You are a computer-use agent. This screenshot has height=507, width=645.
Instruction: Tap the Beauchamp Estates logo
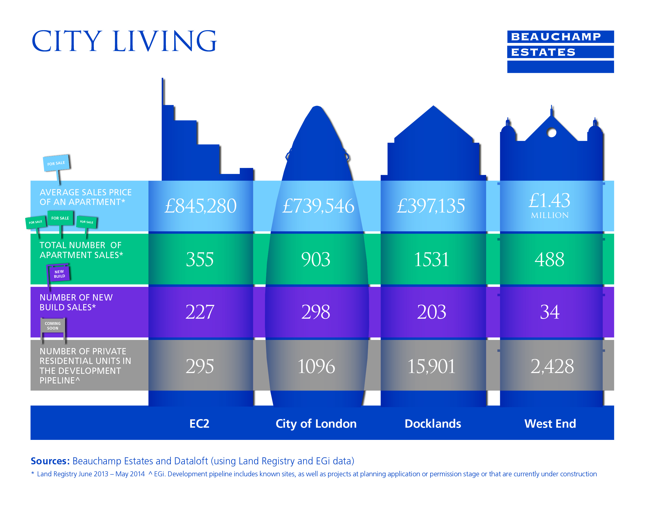coord(560,51)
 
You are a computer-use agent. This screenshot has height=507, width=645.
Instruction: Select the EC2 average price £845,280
coord(200,206)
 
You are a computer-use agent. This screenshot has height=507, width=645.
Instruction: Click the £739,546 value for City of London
coord(318,206)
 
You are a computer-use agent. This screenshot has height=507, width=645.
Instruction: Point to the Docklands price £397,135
coord(431,206)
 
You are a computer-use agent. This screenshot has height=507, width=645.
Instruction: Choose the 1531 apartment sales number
coord(431,259)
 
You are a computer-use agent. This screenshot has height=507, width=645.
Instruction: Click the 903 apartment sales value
coord(316,259)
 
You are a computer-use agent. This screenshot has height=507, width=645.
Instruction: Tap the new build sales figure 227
coord(200,312)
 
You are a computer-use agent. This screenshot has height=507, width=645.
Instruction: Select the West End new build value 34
coord(550,312)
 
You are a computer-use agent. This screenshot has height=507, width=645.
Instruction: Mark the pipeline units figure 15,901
coord(431,366)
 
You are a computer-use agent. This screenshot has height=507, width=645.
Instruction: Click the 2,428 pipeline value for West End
coord(552,366)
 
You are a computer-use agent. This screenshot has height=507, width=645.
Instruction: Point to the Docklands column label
coord(433,423)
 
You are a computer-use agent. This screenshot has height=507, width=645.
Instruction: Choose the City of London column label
coord(316,423)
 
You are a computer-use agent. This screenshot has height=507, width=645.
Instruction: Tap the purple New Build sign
coord(59,274)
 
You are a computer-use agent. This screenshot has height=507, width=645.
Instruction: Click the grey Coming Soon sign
coord(53,326)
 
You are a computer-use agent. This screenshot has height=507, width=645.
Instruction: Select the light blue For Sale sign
coord(56,163)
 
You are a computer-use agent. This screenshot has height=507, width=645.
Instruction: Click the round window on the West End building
coord(552,133)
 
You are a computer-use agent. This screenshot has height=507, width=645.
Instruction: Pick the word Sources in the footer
coord(50,461)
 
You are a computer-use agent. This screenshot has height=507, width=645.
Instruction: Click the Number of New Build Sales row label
coord(76,302)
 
